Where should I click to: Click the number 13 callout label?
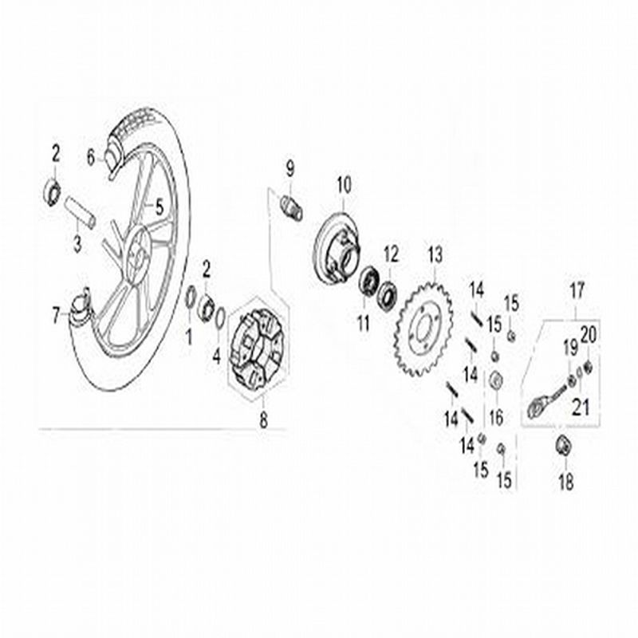pos(435,256)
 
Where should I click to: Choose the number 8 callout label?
pos(264,422)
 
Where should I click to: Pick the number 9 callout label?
pos(289,168)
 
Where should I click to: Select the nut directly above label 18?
pos(562,447)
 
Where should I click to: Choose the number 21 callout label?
pos(581,408)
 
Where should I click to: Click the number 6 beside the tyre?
pos(90,159)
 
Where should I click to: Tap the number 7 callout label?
pos(57,316)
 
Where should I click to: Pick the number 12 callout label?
pos(391,256)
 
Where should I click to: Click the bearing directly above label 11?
pos(368,282)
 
